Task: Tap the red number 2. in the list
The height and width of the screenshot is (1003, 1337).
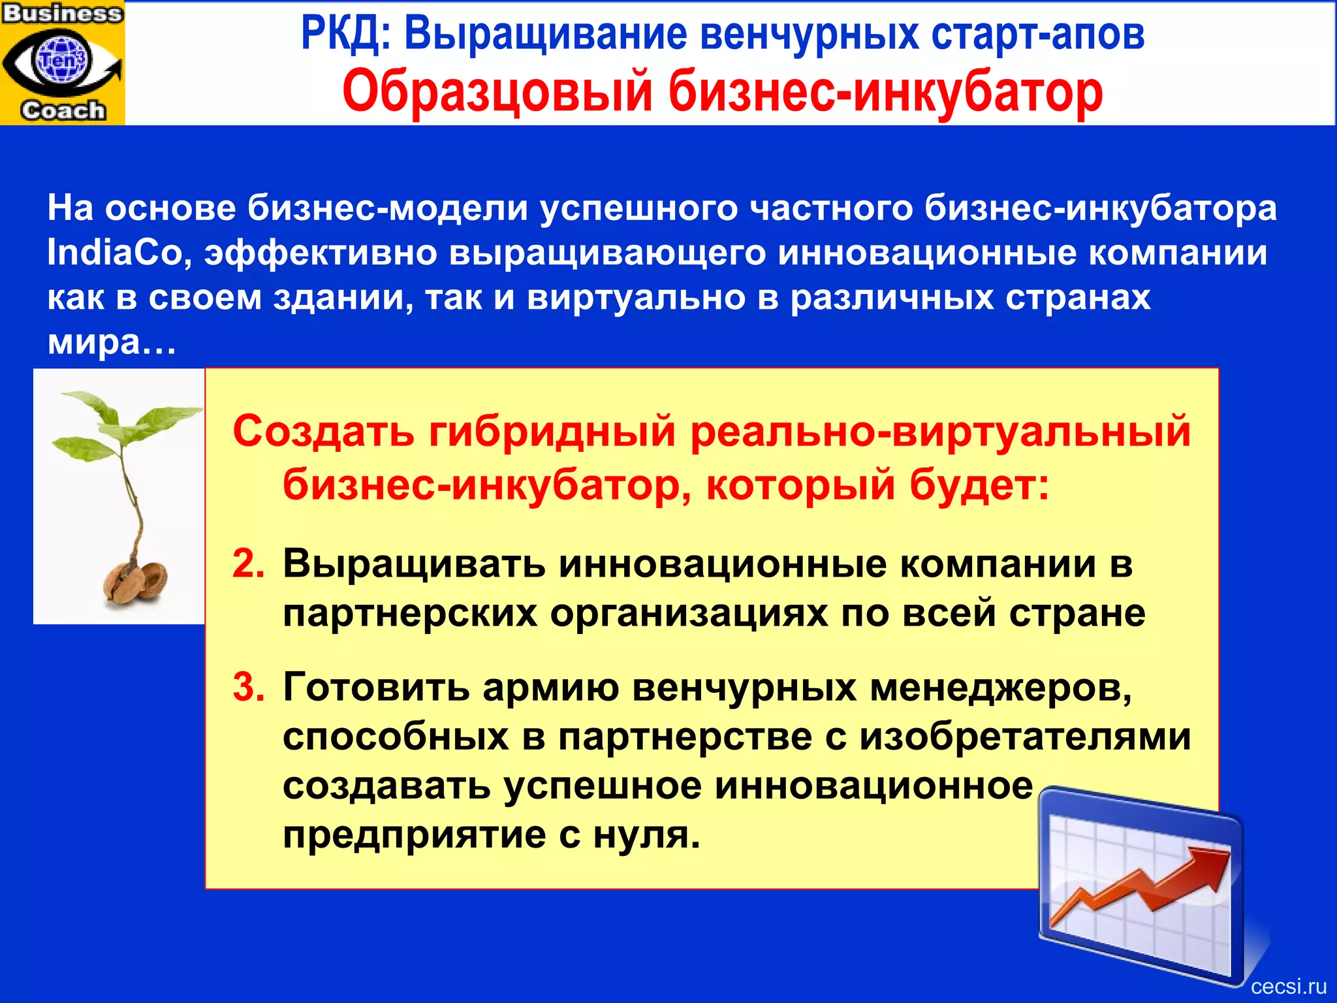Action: pyautogui.click(x=248, y=564)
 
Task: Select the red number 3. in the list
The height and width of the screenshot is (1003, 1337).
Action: pyautogui.click(x=248, y=688)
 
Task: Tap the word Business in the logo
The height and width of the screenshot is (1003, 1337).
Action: pyautogui.click(x=63, y=13)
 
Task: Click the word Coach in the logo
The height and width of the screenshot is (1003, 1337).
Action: pyautogui.click(x=63, y=110)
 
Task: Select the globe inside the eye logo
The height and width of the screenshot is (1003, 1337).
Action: pyautogui.click(x=62, y=59)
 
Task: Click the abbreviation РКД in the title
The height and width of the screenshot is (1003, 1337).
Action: pyautogui.click(x=344, y=34)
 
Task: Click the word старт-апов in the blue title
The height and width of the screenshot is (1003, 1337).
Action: pyautogui.click(x=1037, y=34)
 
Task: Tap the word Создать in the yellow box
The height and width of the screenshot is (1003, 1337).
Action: pyautogui.click(x=323, y=432)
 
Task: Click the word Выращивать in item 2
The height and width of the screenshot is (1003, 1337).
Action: pyautogui.click(x=414, y=564)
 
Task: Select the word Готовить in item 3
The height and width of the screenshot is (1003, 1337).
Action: pyautogui.click(x=376, y=688)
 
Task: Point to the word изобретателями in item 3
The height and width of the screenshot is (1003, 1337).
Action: pyautogui.click(x=1025, y=737)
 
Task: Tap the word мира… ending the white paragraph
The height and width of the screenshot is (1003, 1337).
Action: pyautogui.click(x=112, y=342)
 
